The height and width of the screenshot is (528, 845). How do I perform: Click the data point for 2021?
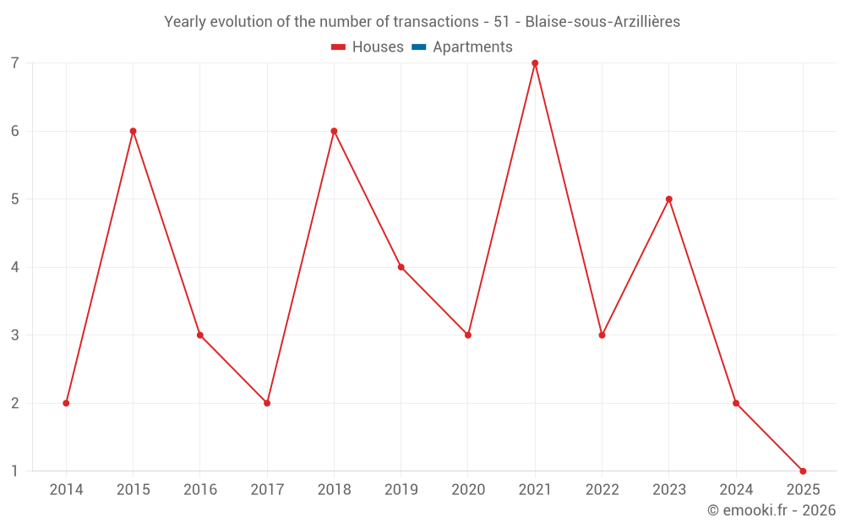535,63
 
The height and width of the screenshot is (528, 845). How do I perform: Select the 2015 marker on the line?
133,131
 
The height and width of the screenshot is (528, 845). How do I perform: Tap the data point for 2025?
803,471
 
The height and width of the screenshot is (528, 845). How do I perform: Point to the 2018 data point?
334,131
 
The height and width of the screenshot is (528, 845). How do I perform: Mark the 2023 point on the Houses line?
669,199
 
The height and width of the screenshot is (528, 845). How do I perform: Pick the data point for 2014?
66,403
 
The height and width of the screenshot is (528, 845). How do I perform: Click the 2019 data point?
401,267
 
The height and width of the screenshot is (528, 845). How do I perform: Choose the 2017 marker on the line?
267,403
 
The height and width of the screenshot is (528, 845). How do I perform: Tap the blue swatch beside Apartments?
418,47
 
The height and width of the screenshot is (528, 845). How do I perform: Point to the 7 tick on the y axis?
15,63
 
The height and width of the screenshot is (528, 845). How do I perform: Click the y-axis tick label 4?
15,267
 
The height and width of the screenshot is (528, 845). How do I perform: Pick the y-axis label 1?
15,471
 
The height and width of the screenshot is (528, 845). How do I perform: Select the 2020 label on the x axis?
468,490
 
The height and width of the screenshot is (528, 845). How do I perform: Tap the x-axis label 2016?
200,490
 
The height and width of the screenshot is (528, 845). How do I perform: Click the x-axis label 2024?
736,490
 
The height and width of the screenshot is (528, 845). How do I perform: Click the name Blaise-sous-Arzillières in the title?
602,22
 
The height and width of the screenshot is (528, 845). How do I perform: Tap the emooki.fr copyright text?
771,510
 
